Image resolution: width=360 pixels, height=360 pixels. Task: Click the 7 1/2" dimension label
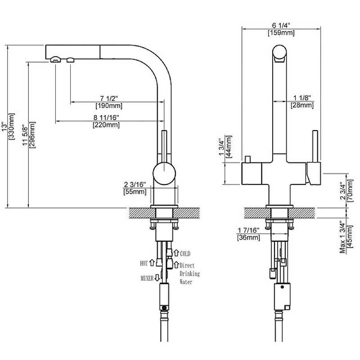(109, 99)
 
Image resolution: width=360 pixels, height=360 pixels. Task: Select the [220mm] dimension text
(106, 125)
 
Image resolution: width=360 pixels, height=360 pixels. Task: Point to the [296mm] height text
(32, 135)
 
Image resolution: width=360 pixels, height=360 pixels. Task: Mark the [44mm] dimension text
(228, 147)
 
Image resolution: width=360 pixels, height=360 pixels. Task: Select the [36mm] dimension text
(248, 237)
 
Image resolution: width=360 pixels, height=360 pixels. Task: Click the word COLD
(185, 254)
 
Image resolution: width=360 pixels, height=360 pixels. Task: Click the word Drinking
(189, 274)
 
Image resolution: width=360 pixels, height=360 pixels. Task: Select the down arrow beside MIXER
(157, 278)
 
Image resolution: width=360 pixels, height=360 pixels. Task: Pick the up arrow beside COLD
(176, 253)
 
